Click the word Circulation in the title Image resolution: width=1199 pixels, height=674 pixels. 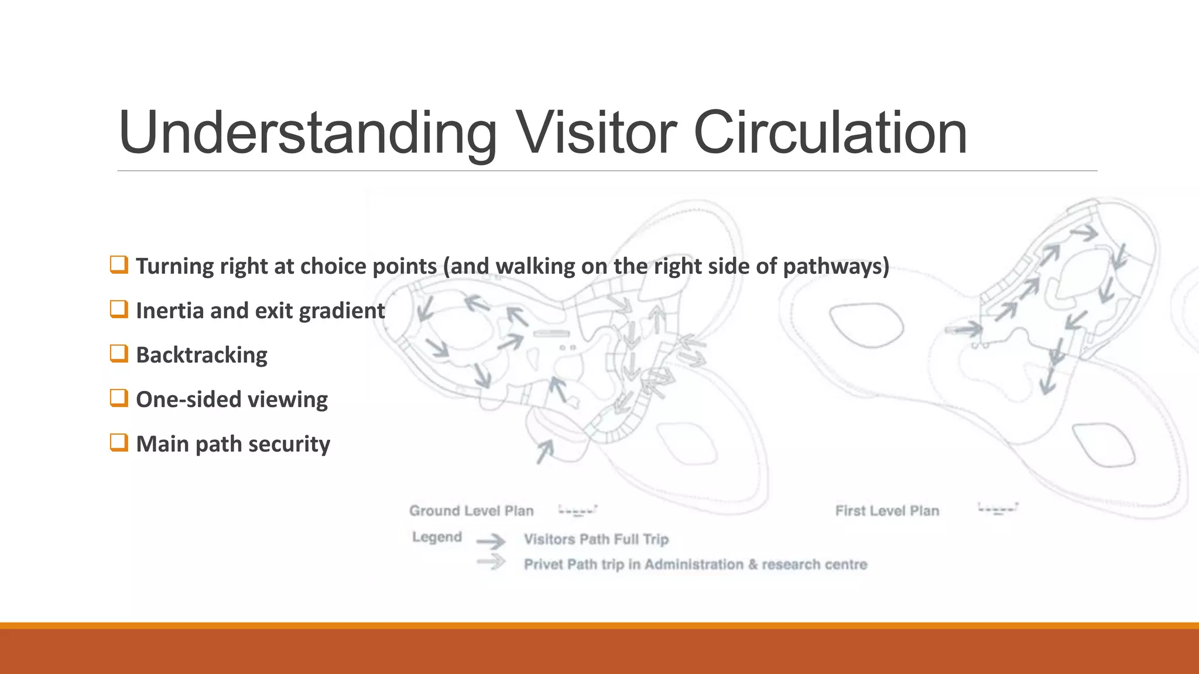830,133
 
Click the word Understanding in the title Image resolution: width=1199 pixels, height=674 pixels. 307,133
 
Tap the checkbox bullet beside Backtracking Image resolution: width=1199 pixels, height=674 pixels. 119,353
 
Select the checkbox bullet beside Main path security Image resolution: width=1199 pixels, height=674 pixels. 119,442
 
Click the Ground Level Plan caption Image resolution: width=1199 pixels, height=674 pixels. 471,511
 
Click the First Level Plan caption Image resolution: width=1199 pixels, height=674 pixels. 887,511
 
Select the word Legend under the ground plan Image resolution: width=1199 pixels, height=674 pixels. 437,537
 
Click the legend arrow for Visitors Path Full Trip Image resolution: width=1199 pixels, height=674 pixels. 491,541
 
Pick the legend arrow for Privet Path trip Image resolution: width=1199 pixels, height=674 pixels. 491,562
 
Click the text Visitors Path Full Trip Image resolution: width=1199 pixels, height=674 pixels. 596,539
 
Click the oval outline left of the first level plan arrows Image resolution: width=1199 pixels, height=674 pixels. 866,325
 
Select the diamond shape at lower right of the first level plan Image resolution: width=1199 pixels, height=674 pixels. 1103,445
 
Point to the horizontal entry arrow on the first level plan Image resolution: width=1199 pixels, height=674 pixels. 964,329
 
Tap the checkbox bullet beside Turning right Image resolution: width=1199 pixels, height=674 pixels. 119,264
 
